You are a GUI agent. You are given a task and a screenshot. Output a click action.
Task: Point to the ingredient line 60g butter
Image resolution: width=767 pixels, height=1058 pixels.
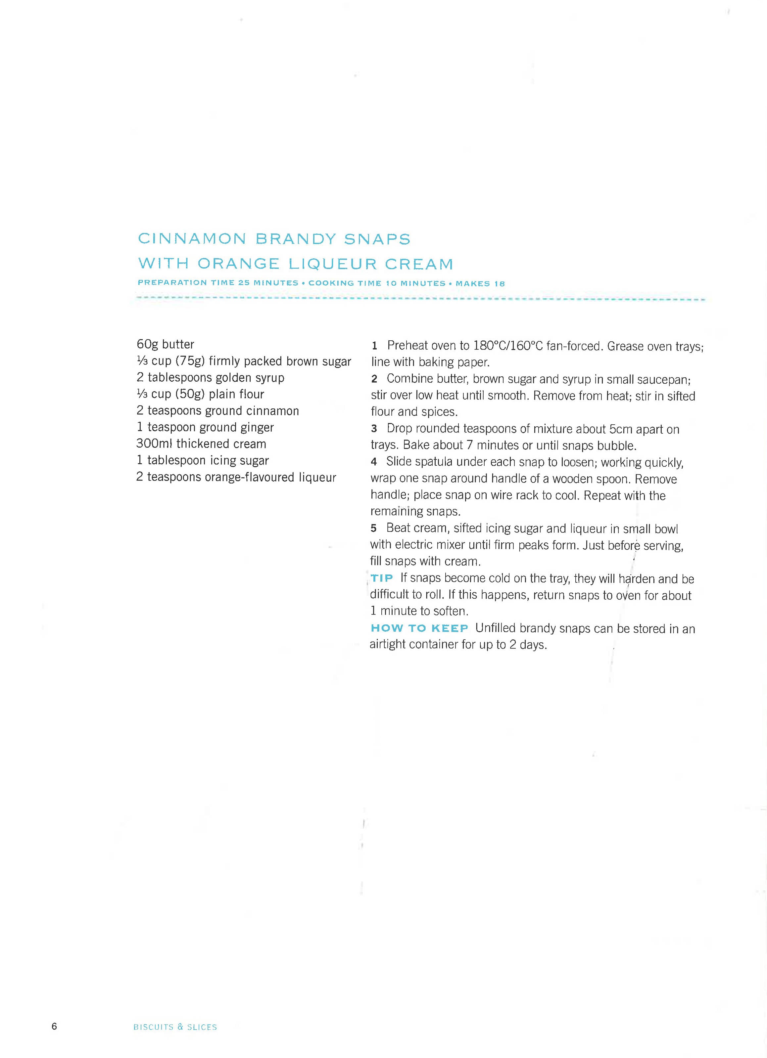pos(165,344)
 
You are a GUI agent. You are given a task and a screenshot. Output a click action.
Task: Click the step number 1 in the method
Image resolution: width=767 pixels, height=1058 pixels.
pos(374,346)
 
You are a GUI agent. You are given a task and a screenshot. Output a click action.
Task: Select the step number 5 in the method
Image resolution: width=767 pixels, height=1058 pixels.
pos(373,529)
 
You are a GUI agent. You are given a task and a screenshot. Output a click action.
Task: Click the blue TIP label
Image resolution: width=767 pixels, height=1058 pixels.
pos(382,578)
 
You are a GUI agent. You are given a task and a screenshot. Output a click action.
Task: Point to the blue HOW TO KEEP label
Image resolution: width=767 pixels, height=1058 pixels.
pos(419,628)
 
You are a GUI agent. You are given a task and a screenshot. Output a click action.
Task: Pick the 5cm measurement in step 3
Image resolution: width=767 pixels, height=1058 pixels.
pos(622,429)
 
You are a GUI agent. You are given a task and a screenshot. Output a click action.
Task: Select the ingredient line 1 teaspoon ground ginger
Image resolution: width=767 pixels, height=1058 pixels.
pos(205,427)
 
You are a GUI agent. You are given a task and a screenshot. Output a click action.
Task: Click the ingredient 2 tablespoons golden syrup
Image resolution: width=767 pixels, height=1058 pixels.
pos(210,377)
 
